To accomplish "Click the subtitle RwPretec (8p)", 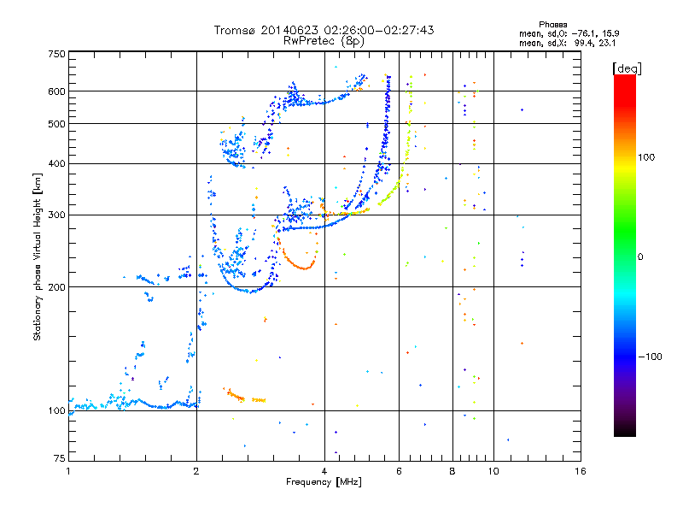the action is [324, 41].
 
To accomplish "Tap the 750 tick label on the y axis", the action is [57, 54].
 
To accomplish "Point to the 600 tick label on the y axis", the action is [57, 91].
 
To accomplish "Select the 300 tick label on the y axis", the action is [57, 215].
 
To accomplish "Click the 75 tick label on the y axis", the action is [60, 458].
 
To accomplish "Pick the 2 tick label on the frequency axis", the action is [196, 471].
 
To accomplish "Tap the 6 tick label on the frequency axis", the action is [399, 471].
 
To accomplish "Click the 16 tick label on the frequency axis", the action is [581, 471].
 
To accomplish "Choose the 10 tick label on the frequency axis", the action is [493, 471].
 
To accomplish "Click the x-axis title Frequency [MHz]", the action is [324, 482].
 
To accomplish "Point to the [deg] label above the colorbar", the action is [627, 68].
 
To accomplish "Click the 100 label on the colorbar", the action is [646, 157].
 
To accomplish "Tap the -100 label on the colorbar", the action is [651, 357].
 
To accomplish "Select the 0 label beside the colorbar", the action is [640, 257].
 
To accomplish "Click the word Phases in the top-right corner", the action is [553, 25].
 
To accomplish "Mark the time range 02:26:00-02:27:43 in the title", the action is [379, 30].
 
